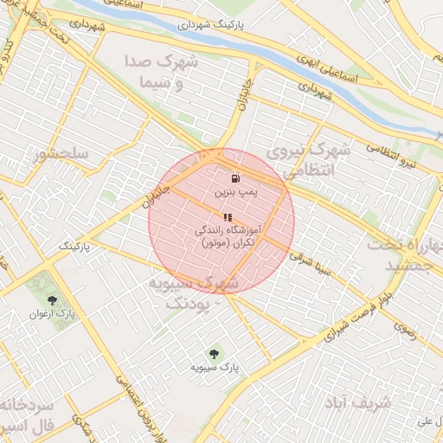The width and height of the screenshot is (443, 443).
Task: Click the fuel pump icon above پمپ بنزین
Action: pos(224,177)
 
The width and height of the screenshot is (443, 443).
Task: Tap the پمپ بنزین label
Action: pos(224,190)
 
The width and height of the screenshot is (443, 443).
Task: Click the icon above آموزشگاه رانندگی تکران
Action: pos(228,217)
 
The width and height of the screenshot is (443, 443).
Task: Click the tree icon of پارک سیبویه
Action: pos(214,354)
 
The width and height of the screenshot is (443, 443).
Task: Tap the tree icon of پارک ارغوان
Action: pos(53,300)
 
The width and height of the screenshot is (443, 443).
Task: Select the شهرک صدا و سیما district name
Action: pos(161,73)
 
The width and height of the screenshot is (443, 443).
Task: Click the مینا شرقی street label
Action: pos(311,265)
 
